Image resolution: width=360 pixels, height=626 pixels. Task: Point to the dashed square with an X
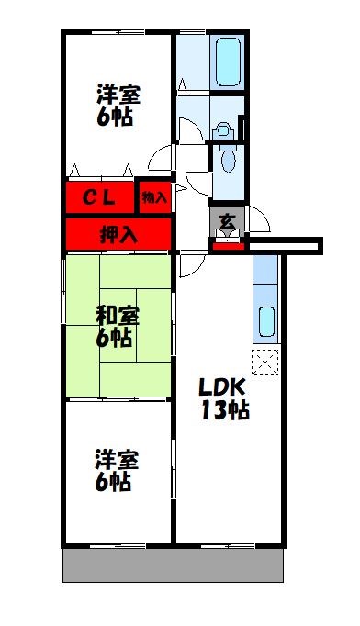pyautogui.click(x=265, y=362)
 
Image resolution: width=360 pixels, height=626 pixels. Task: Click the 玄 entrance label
pyautogui.click(x=225, y=220)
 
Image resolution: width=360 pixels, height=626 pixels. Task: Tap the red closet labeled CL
pyautogui.click(x=99, y=196)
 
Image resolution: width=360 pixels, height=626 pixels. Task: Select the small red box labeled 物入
pyautogui.click(x=154, y=196)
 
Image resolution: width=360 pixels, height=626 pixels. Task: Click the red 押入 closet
pyautogui.click(x=118, y=233)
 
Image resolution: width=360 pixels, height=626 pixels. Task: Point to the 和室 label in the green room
pyautogui.click(x=117, y=315)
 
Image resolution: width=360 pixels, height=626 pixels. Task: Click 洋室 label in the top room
pyautogui.click(x=120, y=94)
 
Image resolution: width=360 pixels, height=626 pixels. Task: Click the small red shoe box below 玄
pyautogui.click(x=226, y=243)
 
